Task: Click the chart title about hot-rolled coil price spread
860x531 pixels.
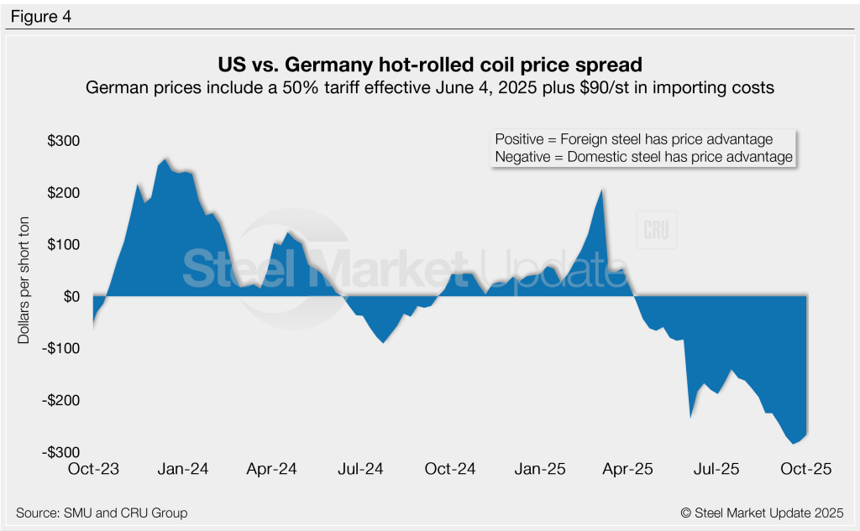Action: pos(430,65)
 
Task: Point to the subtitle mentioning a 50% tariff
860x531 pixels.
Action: pos(430,87)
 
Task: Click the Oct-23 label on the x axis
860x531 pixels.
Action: pos(94,470)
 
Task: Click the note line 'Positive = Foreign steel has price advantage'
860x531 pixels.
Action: pos(634,139)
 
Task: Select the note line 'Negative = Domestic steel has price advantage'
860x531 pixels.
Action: pos(643,157)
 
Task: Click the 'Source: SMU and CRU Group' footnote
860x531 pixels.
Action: pos(102,513)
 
